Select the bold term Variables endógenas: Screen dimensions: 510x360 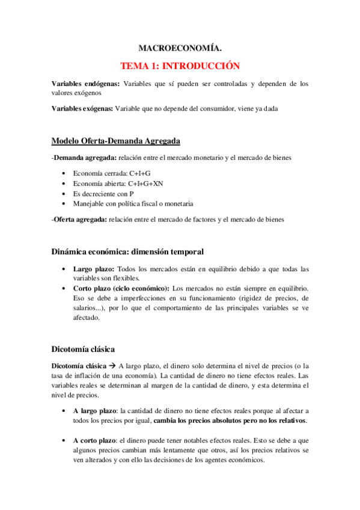85,84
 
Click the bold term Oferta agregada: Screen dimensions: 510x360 82,220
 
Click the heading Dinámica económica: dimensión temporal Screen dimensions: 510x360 127,250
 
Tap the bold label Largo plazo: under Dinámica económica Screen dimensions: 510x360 92,268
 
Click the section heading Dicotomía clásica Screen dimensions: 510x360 83,348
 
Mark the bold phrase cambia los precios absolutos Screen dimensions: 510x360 201,420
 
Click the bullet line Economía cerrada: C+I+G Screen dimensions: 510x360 105,173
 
